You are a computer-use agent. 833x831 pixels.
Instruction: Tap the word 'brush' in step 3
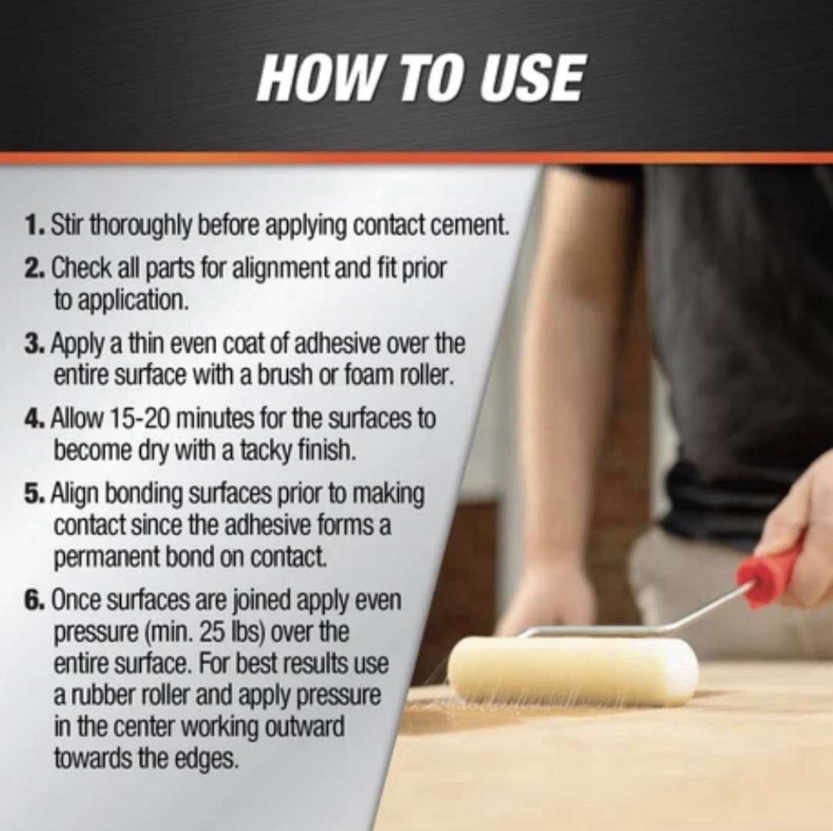pyautogui.click(x=283, y=376)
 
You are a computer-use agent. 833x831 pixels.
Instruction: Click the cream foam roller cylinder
pyautogui.click(x=573, y=671)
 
